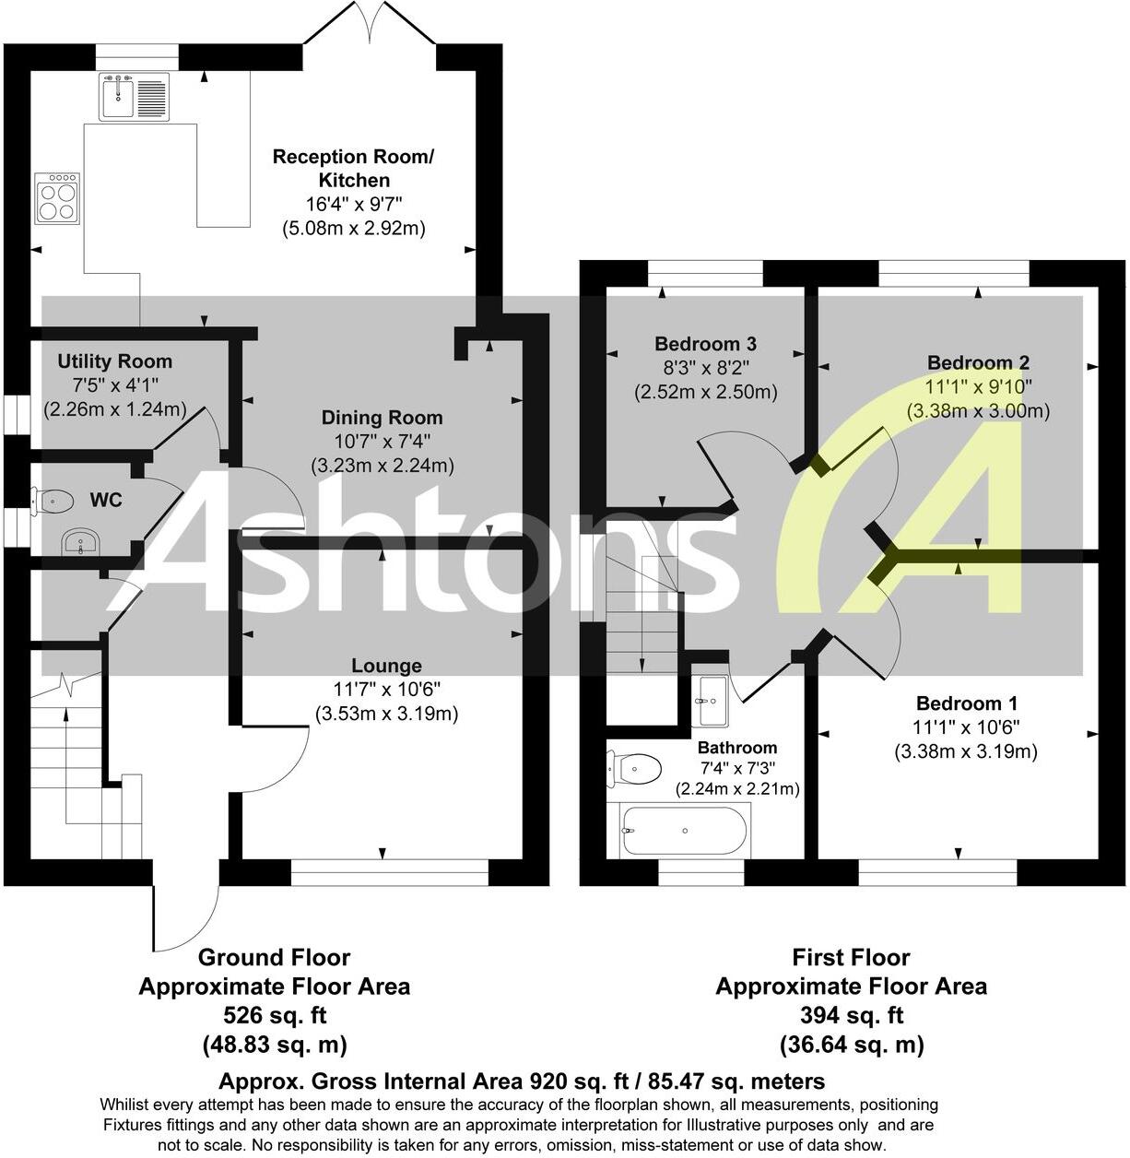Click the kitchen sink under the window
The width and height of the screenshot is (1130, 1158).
[135, 97]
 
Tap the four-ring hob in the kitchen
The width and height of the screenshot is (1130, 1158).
[56, 198]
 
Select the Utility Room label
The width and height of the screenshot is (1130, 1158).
[114, 361]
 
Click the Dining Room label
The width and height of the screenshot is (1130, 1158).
[369, 418]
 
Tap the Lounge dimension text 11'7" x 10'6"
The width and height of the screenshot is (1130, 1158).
[386, 689]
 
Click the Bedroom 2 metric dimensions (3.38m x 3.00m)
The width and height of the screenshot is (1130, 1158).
[978, 410]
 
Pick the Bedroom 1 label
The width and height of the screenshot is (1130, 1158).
[966, 703]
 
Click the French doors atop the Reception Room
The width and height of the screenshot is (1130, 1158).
[369, 23]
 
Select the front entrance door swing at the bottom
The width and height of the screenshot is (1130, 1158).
[184, 913]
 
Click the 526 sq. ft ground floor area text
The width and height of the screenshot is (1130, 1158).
[274, 1015]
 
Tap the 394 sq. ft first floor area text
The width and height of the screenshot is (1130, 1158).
[851, 1015]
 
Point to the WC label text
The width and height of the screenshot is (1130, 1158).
[106, 501]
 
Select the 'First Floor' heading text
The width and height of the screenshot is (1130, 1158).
[851, 957]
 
